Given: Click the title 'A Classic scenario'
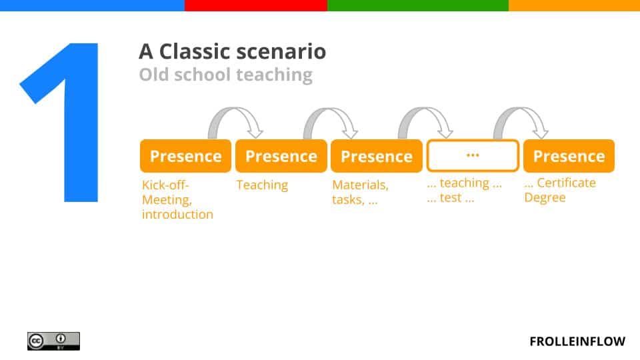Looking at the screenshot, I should tap(232, 51).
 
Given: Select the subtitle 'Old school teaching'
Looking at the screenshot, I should tap(225, 75).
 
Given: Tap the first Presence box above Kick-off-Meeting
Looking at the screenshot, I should tap(185, 156).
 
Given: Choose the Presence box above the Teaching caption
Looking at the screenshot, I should tap(281, 156).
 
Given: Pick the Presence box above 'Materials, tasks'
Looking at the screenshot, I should tap(376, 156).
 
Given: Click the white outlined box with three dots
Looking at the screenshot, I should tap(473, 156).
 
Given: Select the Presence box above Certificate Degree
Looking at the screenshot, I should tap(569, 156).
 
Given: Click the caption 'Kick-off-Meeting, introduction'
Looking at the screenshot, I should tap(177, 199).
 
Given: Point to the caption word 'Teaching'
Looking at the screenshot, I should tap(262, 185).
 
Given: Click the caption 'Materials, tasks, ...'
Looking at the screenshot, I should tap(360, 192).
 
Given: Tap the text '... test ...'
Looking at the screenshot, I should tap(450, 198).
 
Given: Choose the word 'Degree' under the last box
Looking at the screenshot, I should tap(545, 198).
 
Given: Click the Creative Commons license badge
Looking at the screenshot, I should tap(53, 341).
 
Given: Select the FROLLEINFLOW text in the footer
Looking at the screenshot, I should tap(577, 341).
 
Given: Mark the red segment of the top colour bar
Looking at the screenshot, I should tap(255, 5).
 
